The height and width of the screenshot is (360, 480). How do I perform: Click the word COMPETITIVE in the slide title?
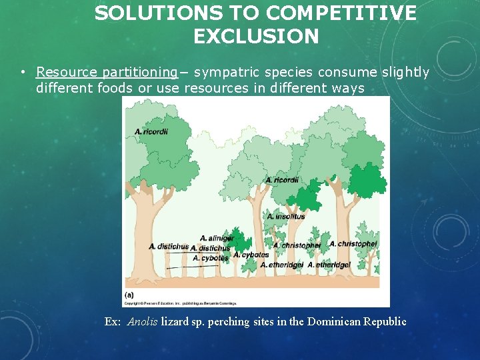[x=340, y=13]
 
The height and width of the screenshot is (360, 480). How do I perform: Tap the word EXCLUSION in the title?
[x=256, y=36]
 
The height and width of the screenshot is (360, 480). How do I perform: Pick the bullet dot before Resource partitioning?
[x=23, y=72]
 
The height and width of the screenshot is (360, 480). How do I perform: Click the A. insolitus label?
[x=286, y=216]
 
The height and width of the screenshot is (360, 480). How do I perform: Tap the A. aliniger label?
[x=217, y=238]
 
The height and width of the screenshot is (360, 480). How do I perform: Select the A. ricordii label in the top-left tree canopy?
[x=151, y=131]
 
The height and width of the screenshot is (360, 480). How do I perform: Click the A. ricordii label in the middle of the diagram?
[x=282, y=180]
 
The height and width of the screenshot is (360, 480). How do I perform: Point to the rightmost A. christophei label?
[x=353, y=244]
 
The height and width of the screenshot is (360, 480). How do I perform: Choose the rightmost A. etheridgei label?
[x=341, y=265]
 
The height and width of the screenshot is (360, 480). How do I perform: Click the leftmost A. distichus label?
[x=169, y=246]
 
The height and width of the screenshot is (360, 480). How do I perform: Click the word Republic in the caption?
[x=383, y=321]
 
